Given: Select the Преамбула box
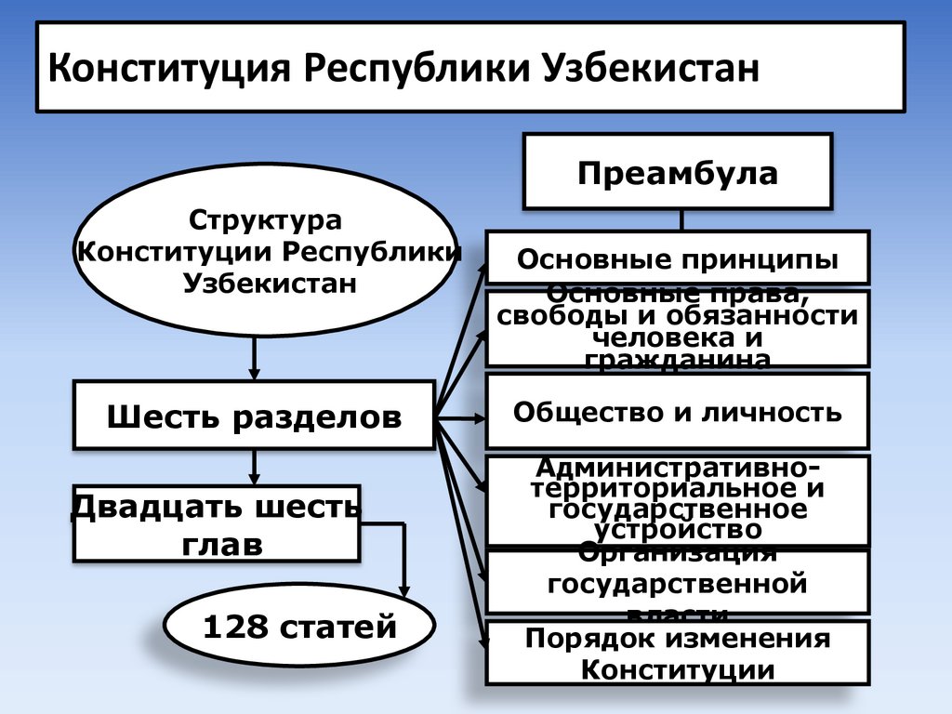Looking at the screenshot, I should [x=678, y=172].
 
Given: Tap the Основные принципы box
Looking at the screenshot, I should [x=678, y=258].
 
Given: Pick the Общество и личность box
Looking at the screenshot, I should [x=678, y=411].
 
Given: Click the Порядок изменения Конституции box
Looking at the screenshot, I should [x=678, y=654].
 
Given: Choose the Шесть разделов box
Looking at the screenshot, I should [x=254, y=416].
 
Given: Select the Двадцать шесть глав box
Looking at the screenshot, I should [x=217, y=523].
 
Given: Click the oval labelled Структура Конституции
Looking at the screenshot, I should [x=267, y=251].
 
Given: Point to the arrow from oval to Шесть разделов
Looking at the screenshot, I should [x=254, y=358].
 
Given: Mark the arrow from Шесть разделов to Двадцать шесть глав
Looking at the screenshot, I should [x=254, y=467].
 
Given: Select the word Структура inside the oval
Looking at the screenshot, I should [x=267, y=221].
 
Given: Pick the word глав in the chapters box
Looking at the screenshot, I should [x=217, y=544].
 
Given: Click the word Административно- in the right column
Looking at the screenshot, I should [x=678, y=465].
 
